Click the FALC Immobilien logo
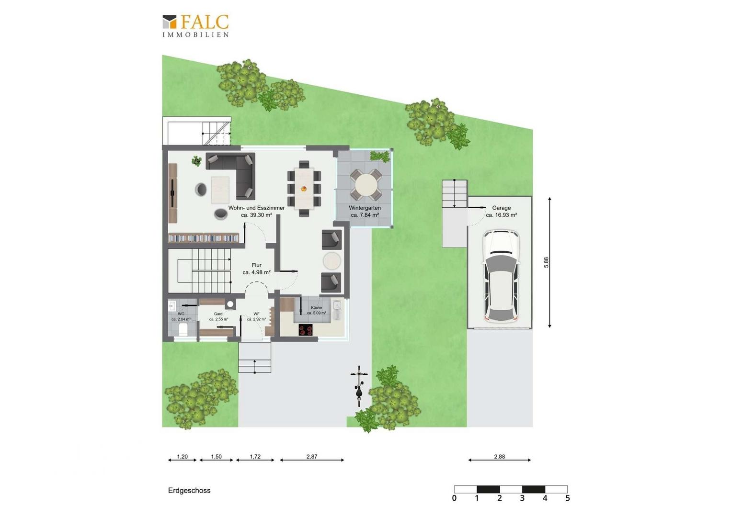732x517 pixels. point(195,26)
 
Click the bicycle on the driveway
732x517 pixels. point(359,386)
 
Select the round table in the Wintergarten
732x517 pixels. point(366,185)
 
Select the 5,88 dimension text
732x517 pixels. point(546,263)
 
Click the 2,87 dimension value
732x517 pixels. point(312,457)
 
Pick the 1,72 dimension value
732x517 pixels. point(255,457)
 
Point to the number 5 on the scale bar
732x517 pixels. point(568,498)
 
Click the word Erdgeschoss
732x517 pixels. point(189,490)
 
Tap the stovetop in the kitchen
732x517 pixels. point(306,329)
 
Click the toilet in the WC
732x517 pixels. point(183,329)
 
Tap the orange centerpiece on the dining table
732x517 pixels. point(304,189)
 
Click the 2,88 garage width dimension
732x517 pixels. point(499,457)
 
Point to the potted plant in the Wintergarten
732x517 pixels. point(380,156)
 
